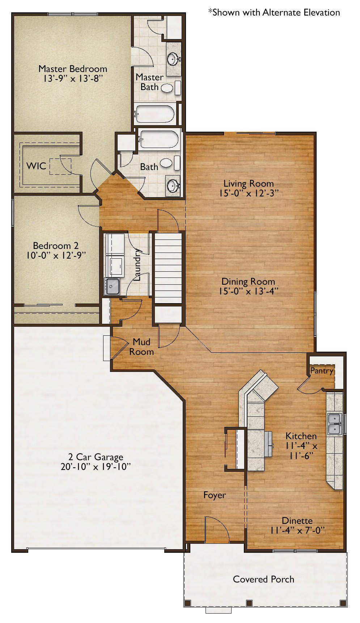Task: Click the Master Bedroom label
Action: tap(73, 69)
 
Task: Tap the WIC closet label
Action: tap(36, 166)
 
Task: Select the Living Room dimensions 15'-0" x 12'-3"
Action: tap(249, 193)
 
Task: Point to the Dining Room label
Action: tap(248, 281)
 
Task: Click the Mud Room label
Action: tap(141, 347)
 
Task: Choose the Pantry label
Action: tap(322, 371)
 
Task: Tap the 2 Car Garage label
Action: tap(96, 457)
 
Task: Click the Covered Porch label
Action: tap(263, 579)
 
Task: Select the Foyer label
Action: tap(215, 495)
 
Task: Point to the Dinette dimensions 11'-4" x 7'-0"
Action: tap(297, 530)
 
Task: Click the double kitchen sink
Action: tap(335, 424)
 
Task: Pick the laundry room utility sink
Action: tap(112, 286)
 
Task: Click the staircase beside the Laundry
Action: tap(168, 268)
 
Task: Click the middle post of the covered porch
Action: tap(249, 603)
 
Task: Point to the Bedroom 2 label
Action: tap(56, 246)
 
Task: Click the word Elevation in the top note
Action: tap(322, 13)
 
